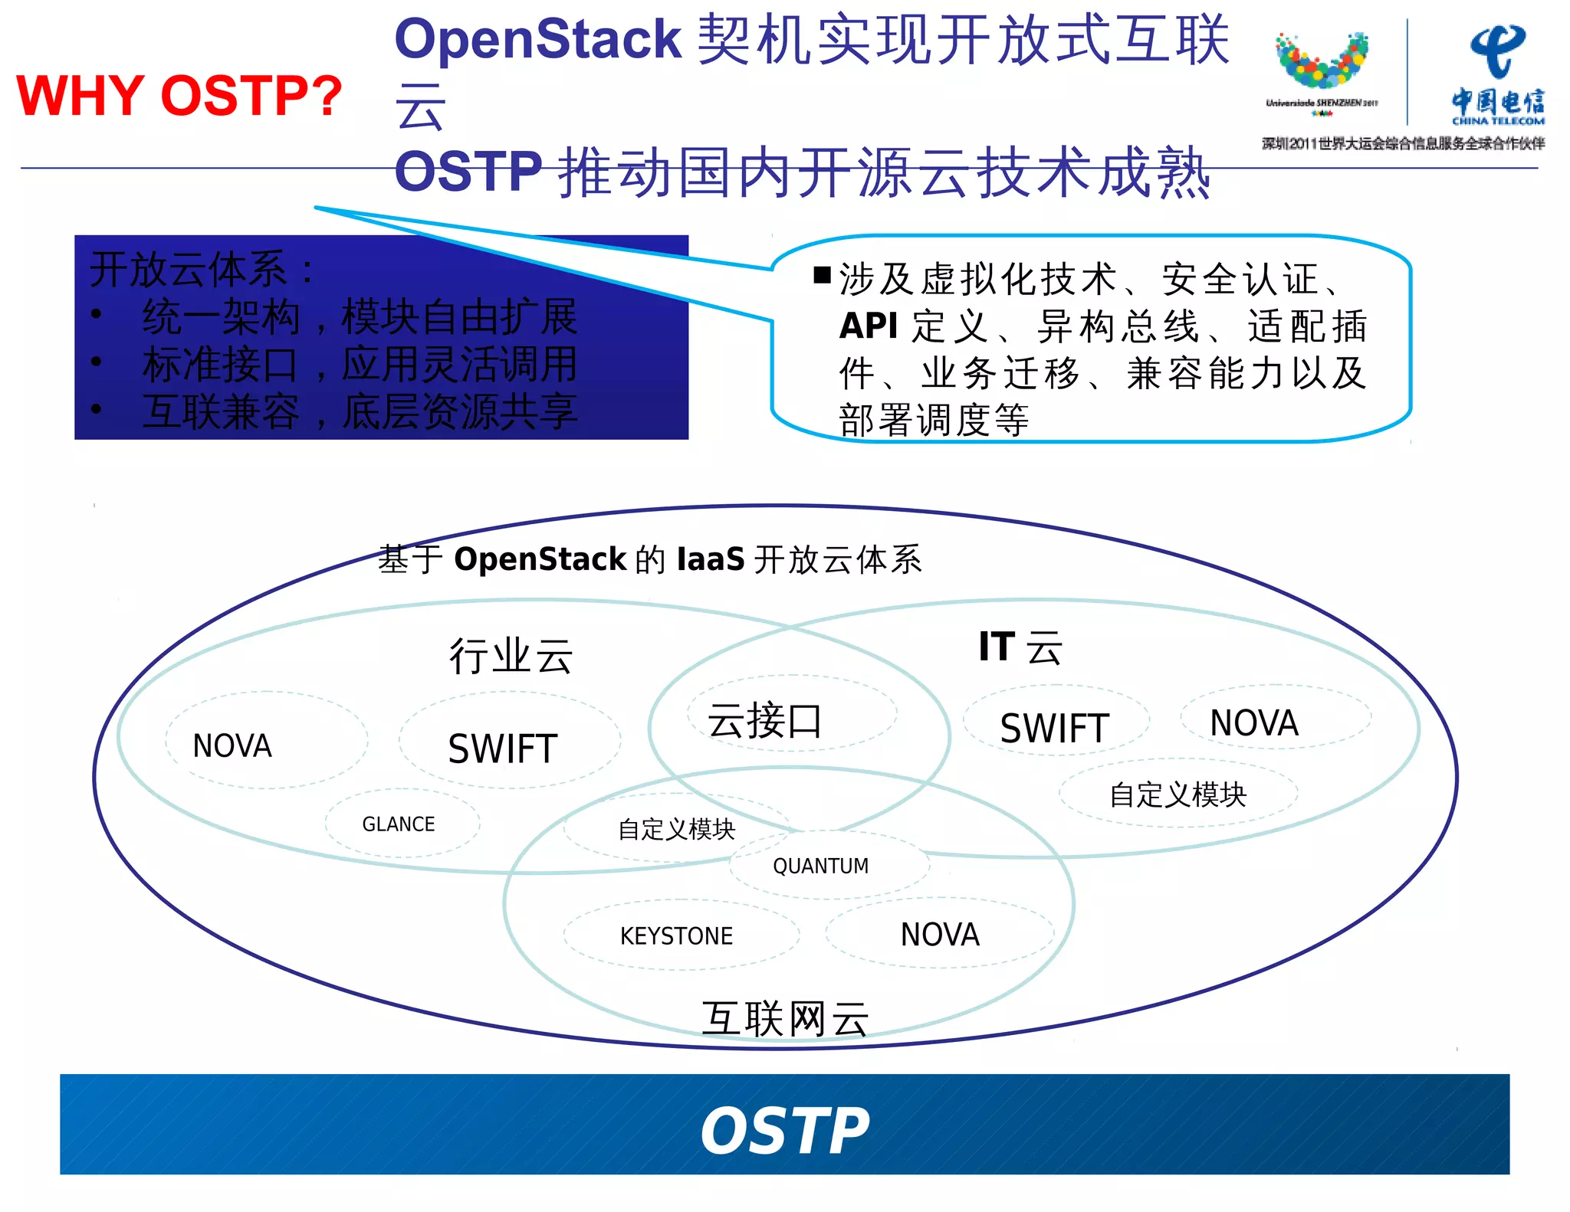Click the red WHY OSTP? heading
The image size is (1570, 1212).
(179, 97)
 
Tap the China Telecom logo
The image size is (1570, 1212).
(1497, 75)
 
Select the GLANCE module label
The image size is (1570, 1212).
(398, 824)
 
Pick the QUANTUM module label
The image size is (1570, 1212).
(820, 866)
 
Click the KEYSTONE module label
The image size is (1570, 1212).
(676, 935)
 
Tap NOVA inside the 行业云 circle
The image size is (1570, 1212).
(232, 745)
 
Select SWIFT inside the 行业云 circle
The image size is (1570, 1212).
(502, 748)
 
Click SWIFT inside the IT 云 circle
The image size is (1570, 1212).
(1054, 728)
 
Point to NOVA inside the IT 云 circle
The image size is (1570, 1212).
(1254, 723)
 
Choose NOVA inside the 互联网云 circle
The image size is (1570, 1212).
(940, 935)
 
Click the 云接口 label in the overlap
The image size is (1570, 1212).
(764, 721)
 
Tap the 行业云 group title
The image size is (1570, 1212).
(511, 657)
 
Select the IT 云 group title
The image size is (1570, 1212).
(1020, 647)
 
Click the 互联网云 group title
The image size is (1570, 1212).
(785, 1019)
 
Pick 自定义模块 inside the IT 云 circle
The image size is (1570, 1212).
(1177, 794)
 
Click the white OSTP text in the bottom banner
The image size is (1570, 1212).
(785, 1131)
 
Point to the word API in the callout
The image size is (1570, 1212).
(868, 326)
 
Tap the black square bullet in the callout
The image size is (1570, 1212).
(822, 275)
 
